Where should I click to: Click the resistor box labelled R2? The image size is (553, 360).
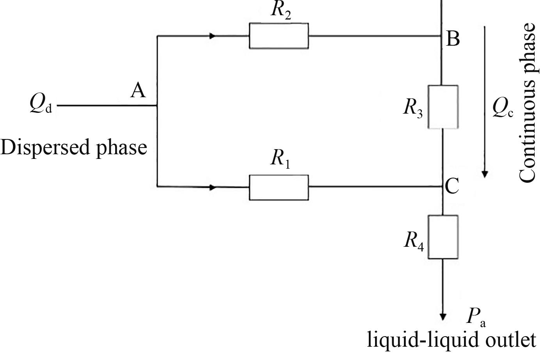point(279,36)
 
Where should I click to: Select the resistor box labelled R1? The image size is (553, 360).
point(279,187)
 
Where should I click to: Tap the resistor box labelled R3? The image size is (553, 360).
point(443,107)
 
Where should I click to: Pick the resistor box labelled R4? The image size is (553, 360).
point(443,237)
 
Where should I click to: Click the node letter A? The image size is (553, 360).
point(138,91)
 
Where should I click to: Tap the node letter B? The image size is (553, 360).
point(453,39)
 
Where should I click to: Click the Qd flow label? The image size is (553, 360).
point(40,105)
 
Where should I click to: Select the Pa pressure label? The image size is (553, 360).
point(476,317)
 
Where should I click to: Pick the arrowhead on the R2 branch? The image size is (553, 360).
point(212,36)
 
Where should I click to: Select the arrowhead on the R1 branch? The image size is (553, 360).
point(212,187)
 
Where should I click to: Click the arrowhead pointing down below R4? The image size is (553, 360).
point(443,316)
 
